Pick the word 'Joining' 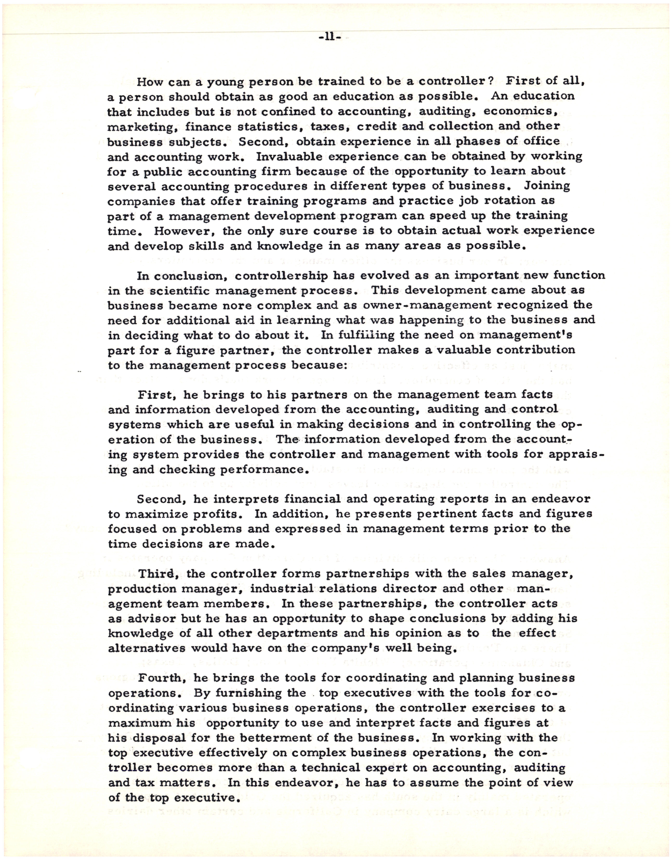[x=547, y=186]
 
